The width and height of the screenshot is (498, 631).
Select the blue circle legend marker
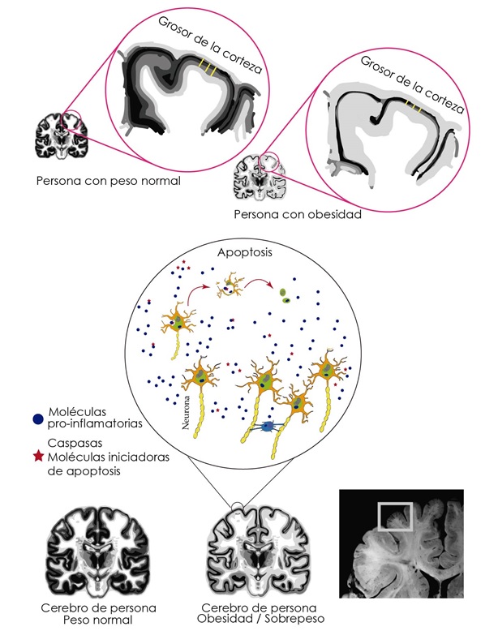(36, 419)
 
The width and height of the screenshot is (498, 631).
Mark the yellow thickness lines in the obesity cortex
(414, 106)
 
